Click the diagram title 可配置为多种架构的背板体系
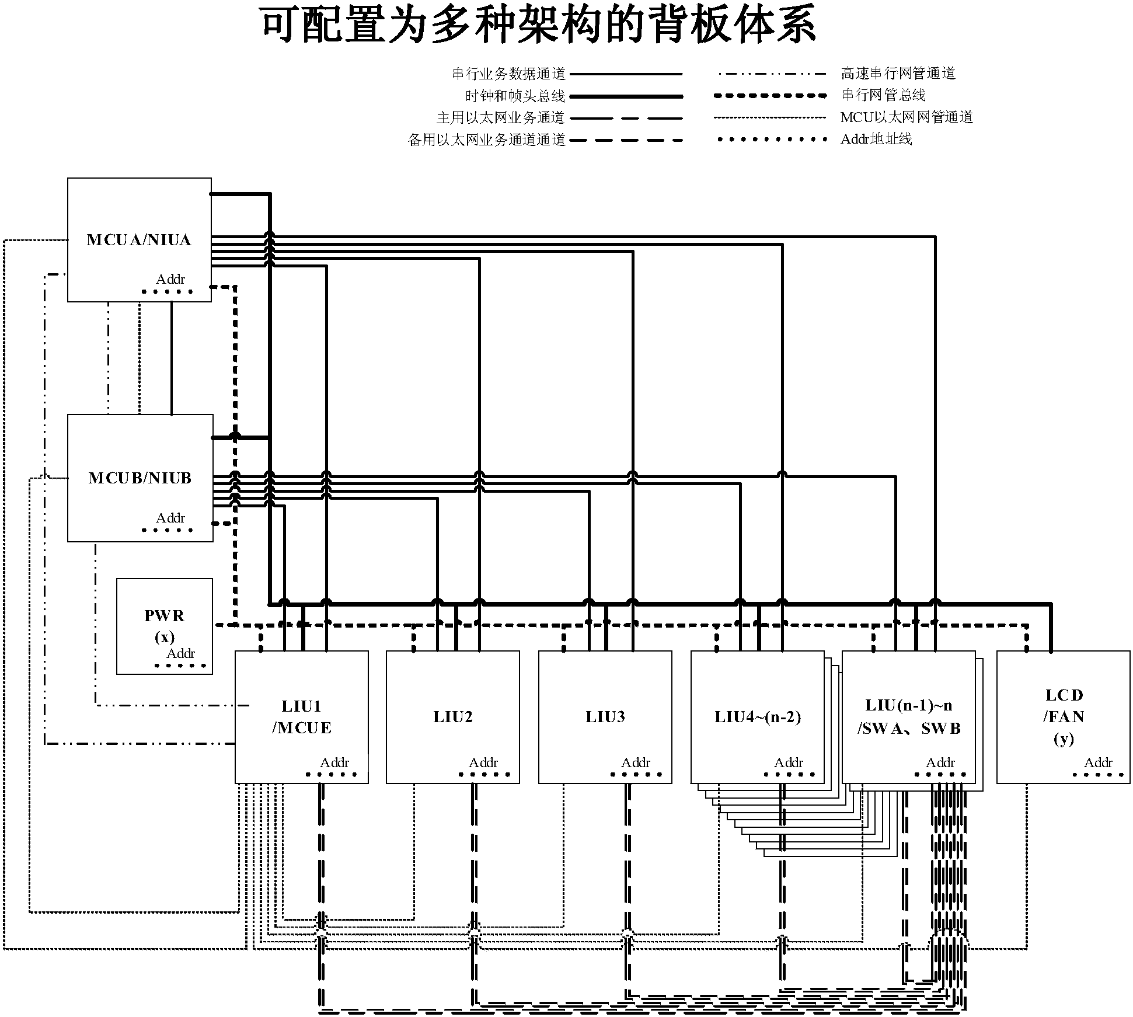tap(538, 25)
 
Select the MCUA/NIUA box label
tap(139, 240)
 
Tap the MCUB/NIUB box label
tap(140, 478)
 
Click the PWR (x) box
tap(164, 626)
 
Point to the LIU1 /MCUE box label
tap(301, 717)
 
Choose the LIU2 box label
tap(452, 717)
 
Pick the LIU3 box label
tap(605, 717)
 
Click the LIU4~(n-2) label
tap(757, 717)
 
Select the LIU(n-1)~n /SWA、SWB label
tap(908, 717)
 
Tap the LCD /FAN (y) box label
tap(1064, 717)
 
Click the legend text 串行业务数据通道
tap(508, 74)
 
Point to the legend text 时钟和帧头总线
tap(515, 96)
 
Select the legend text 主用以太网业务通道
tap(500, 118)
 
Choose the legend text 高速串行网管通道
tap(898, 74)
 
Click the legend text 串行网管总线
tap(883, 95)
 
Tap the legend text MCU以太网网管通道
tap(907, 117)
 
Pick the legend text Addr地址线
tap(876, 140)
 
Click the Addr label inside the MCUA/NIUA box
tap(170, 280)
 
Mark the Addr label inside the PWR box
tap(180, 654)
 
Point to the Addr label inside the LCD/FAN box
tap(1098, 763)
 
